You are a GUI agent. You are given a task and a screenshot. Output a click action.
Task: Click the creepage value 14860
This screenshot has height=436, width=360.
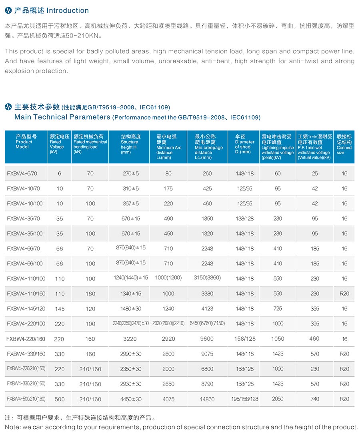[207, 399]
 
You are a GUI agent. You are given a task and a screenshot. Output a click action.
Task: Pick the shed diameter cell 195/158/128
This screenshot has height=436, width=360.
[245, 399]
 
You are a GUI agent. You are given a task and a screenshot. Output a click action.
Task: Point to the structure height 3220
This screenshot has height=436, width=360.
[130, 339]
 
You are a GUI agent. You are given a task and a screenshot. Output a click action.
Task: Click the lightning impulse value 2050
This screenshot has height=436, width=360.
[278, 399]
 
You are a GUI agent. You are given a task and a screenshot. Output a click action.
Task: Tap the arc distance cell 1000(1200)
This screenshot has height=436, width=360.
[168, 278]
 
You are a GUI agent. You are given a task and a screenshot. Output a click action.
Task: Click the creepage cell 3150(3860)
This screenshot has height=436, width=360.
[207, 277]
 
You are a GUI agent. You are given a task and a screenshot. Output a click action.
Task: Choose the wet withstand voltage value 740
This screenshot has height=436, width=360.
[315, 399]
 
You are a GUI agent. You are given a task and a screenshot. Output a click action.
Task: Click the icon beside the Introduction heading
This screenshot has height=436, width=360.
[8, 10]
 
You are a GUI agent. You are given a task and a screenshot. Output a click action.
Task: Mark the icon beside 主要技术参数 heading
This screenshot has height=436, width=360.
[8, 107]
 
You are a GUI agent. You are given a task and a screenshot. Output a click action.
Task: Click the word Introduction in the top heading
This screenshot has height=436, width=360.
[68, 10]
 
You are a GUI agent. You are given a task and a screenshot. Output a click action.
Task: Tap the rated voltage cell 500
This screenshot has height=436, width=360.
[59, 399]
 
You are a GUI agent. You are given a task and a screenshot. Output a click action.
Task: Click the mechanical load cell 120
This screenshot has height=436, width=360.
[90, 309]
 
